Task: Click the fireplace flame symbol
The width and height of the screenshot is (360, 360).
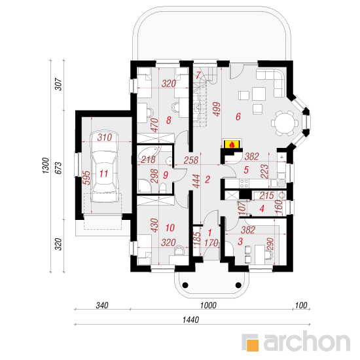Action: pos(232,145)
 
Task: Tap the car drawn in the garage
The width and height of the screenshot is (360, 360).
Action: pos(105,167)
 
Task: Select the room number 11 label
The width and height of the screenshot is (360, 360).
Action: pos(104,173)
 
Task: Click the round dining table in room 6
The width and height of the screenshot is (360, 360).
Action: pos(285,123)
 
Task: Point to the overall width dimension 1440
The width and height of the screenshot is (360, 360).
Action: pos(190,319)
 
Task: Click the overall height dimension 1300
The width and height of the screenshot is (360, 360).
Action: pos(46,166)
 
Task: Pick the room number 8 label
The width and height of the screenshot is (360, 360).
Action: pos(169,120)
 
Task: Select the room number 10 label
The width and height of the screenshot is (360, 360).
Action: pos(170,228)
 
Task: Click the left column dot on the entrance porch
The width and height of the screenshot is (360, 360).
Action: pos(185,285)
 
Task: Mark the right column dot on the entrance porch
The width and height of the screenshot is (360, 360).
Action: pos(238,285)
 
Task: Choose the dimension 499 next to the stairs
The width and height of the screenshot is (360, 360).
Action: pos(217,109)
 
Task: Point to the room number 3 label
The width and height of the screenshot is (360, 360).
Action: pos(240,242)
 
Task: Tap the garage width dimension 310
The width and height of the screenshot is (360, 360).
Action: pos(105,137)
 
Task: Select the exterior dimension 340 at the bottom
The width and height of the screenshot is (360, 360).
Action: pos(102,306)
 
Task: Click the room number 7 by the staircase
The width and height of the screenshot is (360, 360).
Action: pos(198,75)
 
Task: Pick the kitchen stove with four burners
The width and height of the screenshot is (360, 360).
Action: pos(244,183)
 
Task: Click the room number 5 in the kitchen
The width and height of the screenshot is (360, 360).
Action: pos(246,170)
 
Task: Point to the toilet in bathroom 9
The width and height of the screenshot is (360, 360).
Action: pos(162,188)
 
